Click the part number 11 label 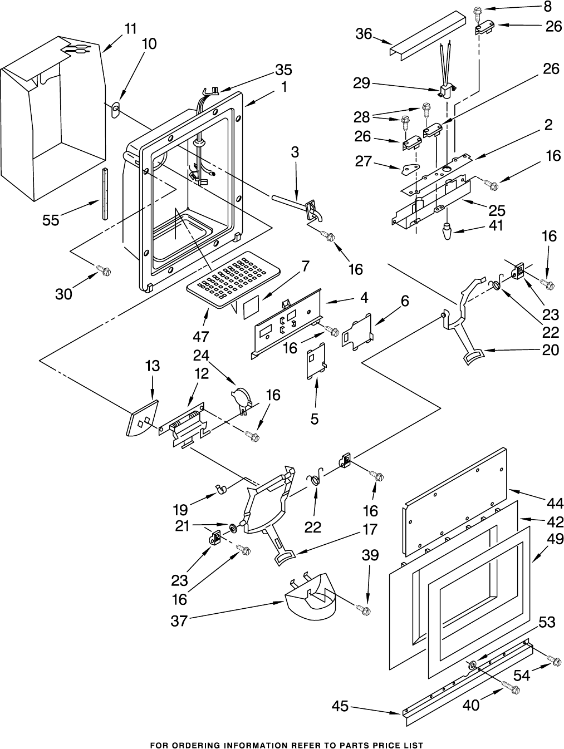click(130, 29)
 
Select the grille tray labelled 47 click(233, 281)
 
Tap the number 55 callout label click(51, 220)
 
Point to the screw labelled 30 click(104, 270)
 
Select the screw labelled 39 click(365, 610)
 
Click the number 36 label click(364, 34)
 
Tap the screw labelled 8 click(478, 11)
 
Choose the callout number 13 click(153, 366)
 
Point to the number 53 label click(547, 622)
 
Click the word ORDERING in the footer click(198, 745)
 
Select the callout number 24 click(200, 354)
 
